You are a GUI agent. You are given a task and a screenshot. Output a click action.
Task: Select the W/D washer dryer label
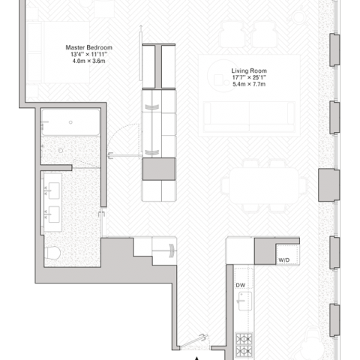tap(284, 260)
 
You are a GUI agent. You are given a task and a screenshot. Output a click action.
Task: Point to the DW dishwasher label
tap(241, 285)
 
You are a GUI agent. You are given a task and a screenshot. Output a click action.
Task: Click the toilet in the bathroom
tap(52, 253)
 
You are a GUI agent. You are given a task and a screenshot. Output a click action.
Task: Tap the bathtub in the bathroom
tap(70, 122)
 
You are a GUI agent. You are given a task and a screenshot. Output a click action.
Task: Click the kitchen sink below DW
tap(244, 301)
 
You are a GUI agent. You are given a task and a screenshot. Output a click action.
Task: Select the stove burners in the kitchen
tap(244, 345)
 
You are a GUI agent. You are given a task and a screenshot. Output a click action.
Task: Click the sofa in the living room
tap(249, 117)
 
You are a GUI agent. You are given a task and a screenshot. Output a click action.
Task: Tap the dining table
tap(264, 186)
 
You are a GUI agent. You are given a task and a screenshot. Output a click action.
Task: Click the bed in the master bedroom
tap(58, 52)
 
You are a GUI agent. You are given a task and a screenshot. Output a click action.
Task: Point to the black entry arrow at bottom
tap(197, 358)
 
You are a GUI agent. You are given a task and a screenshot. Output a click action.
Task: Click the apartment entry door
tap(194, 341)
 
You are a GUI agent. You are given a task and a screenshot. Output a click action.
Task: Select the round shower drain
tap(61, 151)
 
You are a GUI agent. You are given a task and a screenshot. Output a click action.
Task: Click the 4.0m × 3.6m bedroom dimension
tap(89, 61)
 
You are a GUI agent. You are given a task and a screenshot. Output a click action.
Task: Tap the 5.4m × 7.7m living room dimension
tap(249, 84)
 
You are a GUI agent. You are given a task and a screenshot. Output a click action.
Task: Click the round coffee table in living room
tap(224, 76)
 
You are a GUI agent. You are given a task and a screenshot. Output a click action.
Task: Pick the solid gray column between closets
tap(159, 169)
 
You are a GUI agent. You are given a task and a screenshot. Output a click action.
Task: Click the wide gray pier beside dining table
tap(328, 185)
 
